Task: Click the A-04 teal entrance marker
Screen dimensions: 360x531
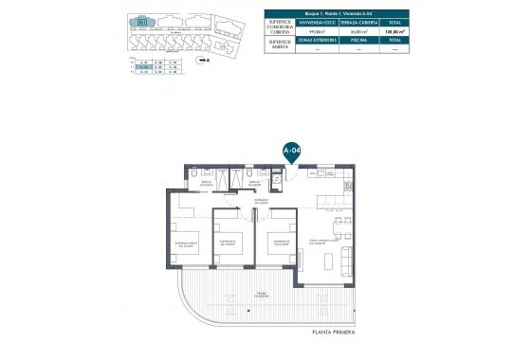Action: pos(293,150)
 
